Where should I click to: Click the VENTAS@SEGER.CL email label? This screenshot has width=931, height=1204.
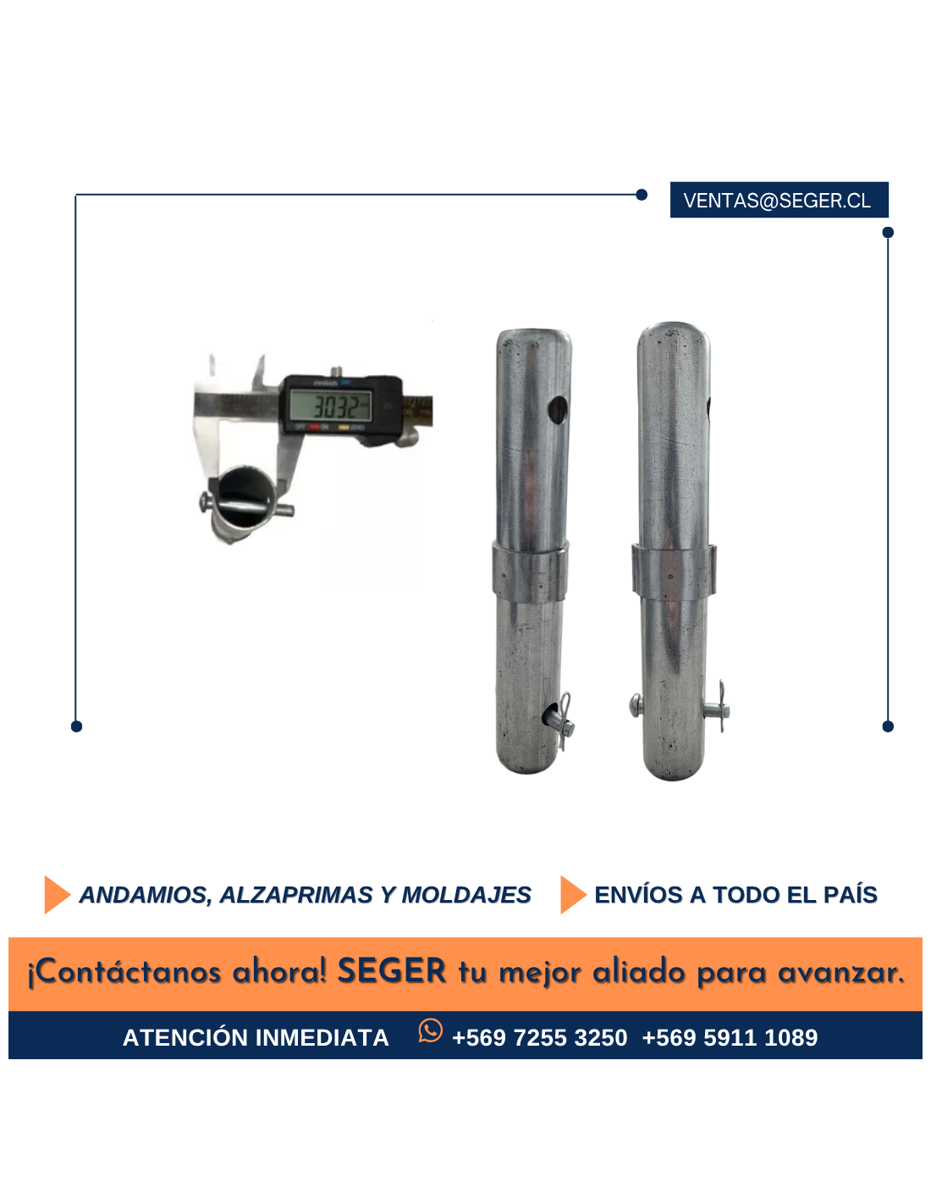(x=779, y=200)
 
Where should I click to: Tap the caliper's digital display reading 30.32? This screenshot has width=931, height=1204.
(x=331, y=406)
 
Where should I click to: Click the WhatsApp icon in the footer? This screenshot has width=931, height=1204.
(x=430, y=1030)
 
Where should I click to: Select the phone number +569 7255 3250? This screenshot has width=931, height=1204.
(x=539, y=1038)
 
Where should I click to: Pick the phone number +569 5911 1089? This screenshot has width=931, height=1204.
(x=730, y=1038)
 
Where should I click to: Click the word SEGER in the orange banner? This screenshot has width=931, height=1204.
(x=392, y=970)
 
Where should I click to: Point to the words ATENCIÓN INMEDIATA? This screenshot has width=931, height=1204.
(x=256, y=1038)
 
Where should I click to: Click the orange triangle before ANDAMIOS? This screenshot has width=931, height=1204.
(x=57, y=895)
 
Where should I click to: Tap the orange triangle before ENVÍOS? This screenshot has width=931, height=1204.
(x=573, y=895)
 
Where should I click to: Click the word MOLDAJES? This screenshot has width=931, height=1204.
(x=465, y=895)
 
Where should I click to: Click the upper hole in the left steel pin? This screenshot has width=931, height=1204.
(x=559, y=410)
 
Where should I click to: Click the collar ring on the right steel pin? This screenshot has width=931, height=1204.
(x=674, y=571)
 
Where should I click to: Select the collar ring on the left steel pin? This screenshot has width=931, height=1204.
(x=530, y=573)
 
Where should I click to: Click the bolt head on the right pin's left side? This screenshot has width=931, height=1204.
(x=636, y=705)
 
